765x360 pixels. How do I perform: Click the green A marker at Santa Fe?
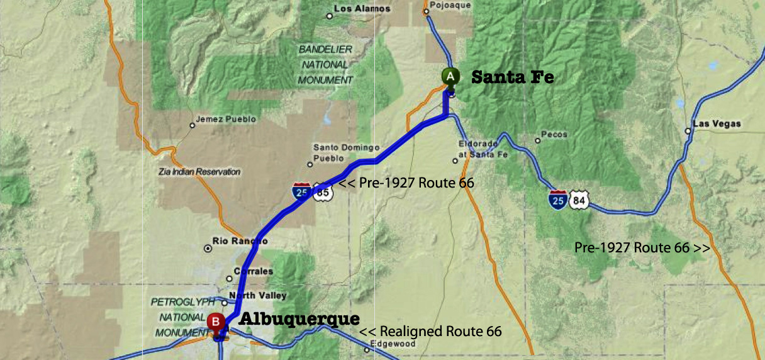tap(450, 76)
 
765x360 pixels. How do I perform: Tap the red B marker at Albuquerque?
tap(215, 322)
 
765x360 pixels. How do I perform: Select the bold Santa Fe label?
tap(512, 77)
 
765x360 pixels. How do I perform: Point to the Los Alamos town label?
tap(362, 9)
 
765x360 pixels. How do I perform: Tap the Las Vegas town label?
tap(717, 124)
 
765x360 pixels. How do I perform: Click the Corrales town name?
tap(253, 272)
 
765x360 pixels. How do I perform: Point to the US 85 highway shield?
tap(323, 192)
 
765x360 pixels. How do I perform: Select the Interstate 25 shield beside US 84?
tap(557, 200)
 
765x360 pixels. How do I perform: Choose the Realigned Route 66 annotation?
tap(430, 331)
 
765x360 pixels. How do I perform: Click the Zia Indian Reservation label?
tap(200, 171)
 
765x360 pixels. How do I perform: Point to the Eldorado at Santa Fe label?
tap(479, 149)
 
